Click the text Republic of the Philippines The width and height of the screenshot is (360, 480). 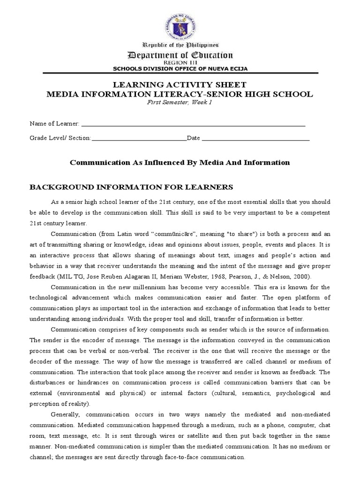180,45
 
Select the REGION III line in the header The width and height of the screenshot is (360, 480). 180,62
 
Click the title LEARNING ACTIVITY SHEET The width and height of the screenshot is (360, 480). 180,85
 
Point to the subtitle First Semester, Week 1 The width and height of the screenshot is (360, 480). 180,103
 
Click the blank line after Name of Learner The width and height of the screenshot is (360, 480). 193,125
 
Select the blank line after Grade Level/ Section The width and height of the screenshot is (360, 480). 139,139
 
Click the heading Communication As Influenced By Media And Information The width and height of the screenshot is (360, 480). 180,163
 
